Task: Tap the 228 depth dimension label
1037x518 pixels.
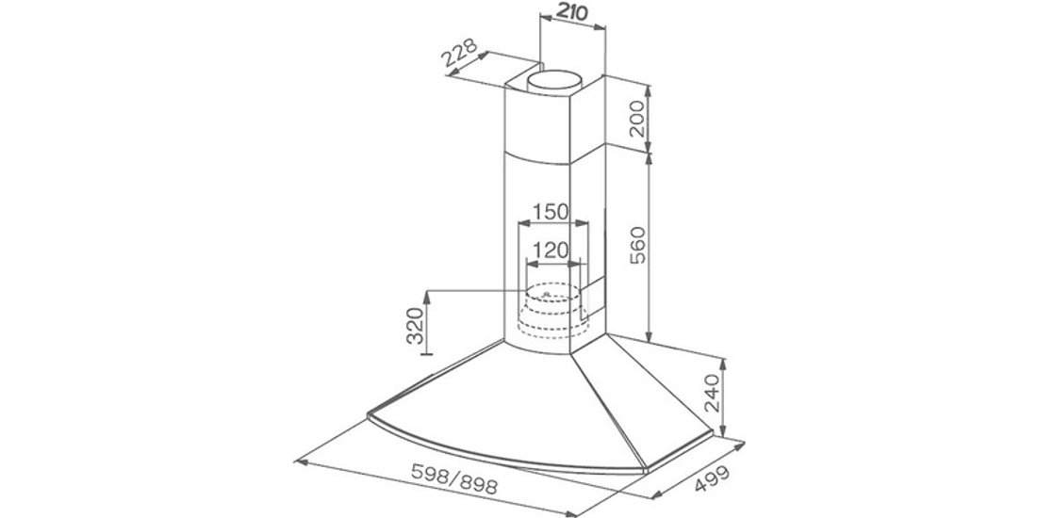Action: click(462, 60)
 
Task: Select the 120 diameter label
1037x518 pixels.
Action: click(550, 251)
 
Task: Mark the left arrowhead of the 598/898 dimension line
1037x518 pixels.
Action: click(300, 461)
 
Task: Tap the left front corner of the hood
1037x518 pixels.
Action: click(368, 414)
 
